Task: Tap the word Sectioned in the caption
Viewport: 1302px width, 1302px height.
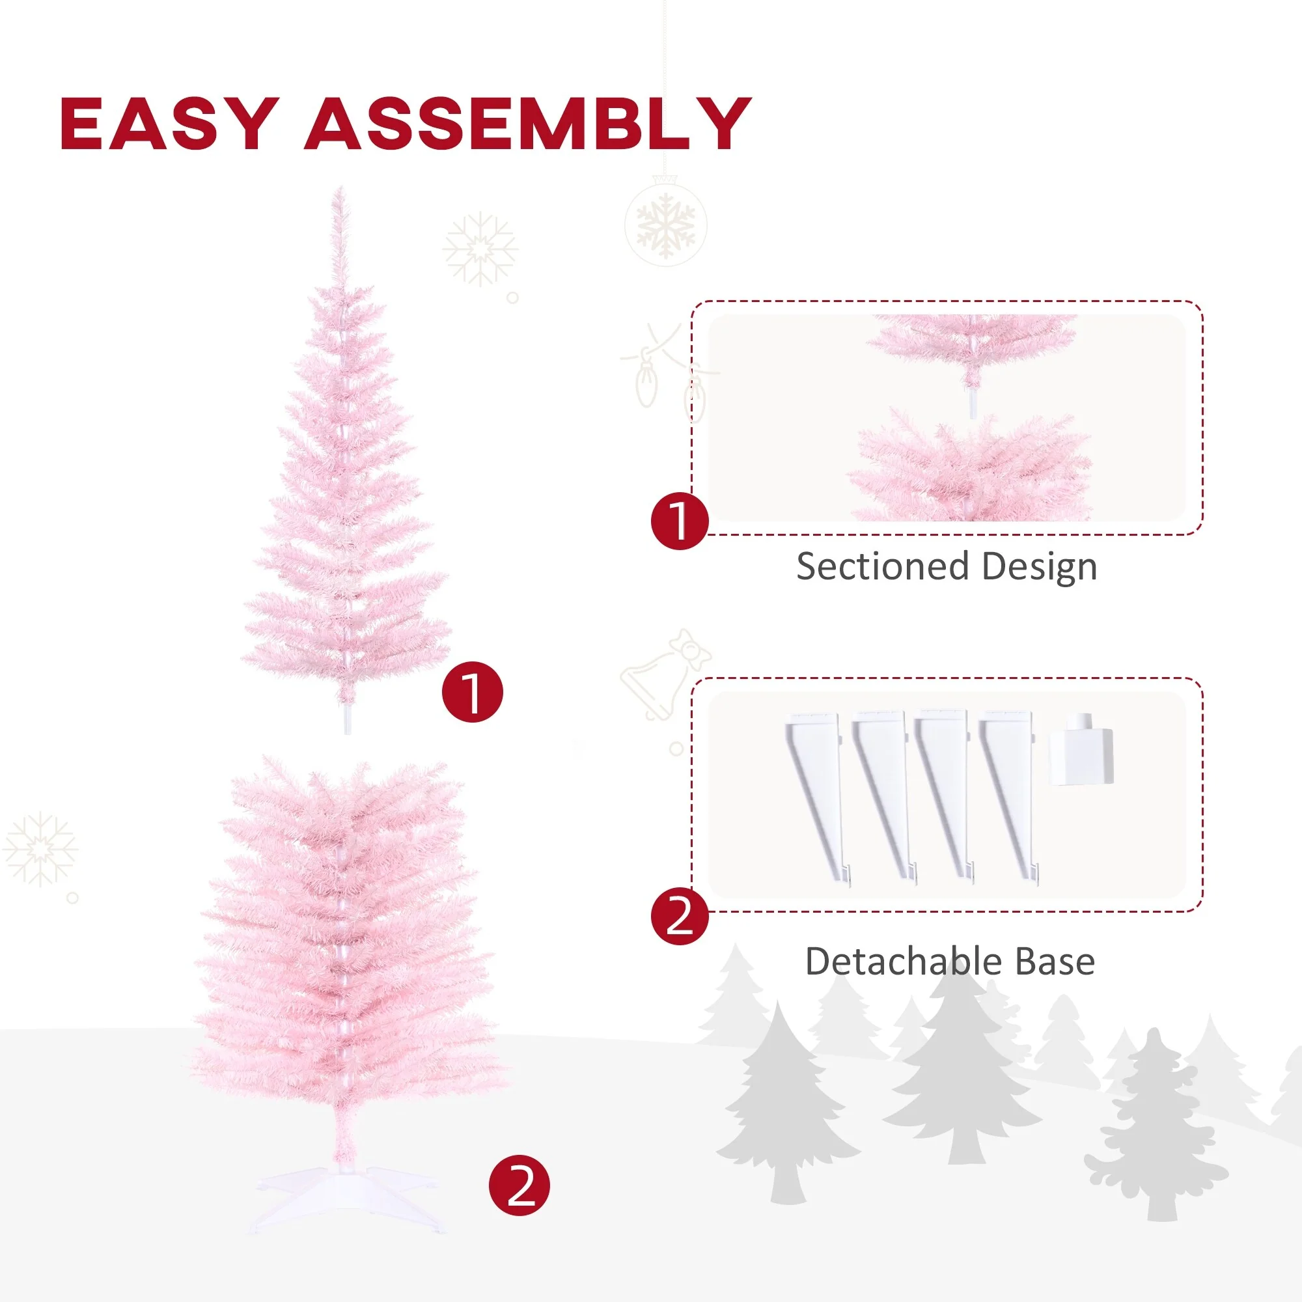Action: (x=883, y=566)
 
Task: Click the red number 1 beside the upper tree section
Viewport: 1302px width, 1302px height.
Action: (x=473, y=693)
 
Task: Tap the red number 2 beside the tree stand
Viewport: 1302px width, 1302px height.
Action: (x=519, y=1205)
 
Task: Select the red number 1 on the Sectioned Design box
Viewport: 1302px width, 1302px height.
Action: (x=679, y=521)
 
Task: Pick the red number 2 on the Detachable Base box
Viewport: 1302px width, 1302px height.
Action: (x=679, y=916)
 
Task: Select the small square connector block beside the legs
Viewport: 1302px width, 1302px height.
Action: (x=1080, y=758)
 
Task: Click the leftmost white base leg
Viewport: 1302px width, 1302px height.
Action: (x=818, y=796)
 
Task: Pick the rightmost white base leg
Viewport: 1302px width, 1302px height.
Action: (x=1010, y=796)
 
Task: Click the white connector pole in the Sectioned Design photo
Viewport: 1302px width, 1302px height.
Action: (x=973, y=403)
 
